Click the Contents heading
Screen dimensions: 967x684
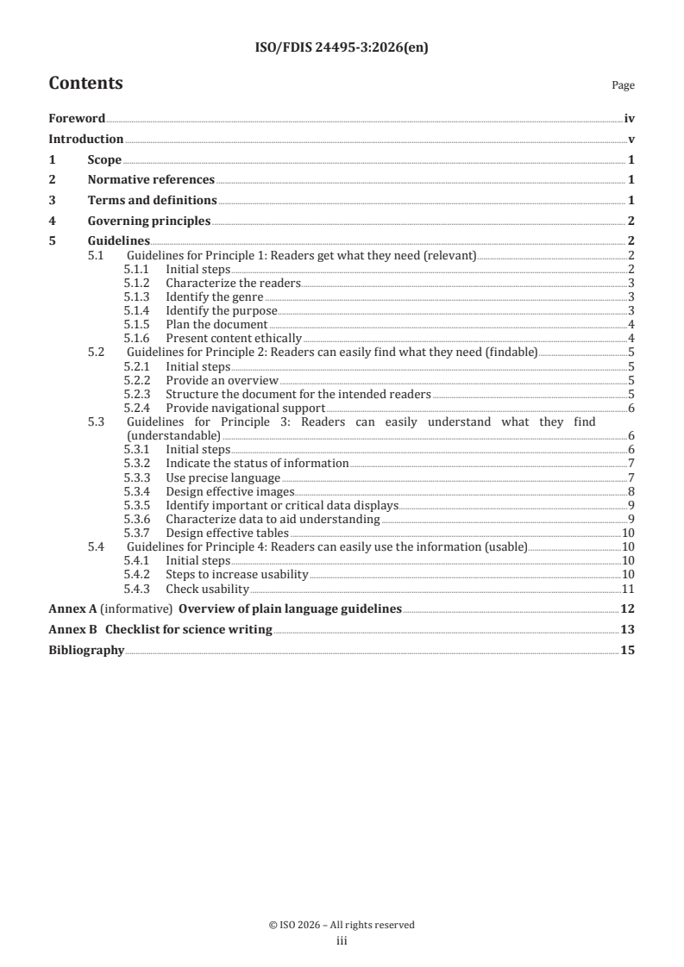tap(85, 84)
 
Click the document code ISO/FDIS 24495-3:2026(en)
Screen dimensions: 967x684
tap(342, 48)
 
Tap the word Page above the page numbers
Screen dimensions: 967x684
tap(623, 86)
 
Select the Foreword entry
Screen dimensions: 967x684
tap(77, 119)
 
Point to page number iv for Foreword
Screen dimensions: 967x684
tap(630, 119)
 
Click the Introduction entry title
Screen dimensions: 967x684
tap(85, 139)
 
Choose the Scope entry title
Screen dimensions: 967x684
tap(104, 159)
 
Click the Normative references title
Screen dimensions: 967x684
tap(151, 179)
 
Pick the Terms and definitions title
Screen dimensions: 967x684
tap(152, 200)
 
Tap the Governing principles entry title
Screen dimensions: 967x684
tap(149, 221)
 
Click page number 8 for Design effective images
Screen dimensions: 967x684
tap(631, 491)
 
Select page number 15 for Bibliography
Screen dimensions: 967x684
tap(628, 650)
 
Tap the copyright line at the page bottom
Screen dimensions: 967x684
tap(342, 925)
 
